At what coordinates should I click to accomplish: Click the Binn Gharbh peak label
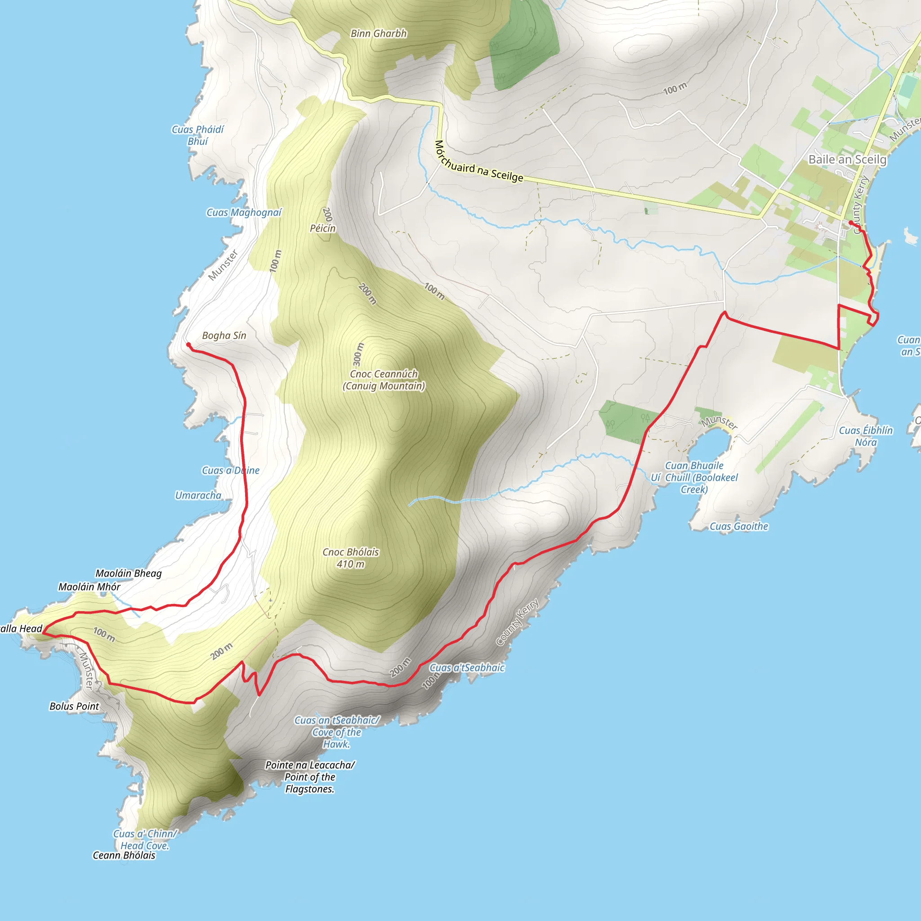379,33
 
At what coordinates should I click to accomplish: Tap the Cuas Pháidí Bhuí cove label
197,135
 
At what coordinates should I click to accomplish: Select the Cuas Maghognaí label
244,213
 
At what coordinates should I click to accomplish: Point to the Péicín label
323,228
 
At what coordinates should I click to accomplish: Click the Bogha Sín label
224,335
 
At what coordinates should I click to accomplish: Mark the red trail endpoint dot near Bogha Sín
188,344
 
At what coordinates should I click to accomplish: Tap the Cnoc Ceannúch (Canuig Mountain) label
384,380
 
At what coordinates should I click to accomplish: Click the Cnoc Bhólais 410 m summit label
350,558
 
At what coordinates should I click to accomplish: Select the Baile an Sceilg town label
847,159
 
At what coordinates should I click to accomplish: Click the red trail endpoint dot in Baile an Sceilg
851,223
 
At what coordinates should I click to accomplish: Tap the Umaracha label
198,495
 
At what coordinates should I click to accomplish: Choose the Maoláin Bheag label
128,573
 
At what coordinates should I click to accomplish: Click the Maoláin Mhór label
89,587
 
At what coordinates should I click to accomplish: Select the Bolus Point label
74,706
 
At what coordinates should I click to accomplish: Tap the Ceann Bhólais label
124,855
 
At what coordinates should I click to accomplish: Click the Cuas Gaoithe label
739,526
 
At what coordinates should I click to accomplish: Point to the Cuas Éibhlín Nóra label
866,436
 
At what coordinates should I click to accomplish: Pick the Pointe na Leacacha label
310,777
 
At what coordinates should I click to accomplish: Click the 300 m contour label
359,353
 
